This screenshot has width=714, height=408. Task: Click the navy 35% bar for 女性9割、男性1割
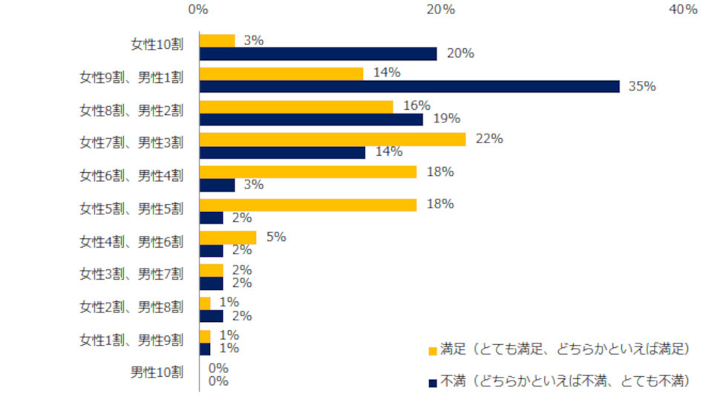(409, 87)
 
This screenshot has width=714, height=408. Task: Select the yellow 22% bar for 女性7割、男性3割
(333, 139)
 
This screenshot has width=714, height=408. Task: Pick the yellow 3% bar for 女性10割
(217, 41)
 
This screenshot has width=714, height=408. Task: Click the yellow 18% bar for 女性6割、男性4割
(308, 172)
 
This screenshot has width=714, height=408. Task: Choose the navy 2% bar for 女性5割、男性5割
(212, 218)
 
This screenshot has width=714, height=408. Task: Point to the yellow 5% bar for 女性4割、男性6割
(228, 237)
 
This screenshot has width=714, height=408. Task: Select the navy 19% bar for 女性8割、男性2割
(311, 119)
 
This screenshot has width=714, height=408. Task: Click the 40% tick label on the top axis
(683, 10)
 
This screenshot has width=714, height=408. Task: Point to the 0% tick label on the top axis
(198, 10)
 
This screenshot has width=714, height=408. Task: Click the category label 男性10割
(157, 372)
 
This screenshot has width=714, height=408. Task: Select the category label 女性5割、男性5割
(131, 208)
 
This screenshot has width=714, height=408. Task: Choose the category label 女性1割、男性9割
(131, 340)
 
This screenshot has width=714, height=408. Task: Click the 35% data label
(642, 86)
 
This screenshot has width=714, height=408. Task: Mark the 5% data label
(276, 237)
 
